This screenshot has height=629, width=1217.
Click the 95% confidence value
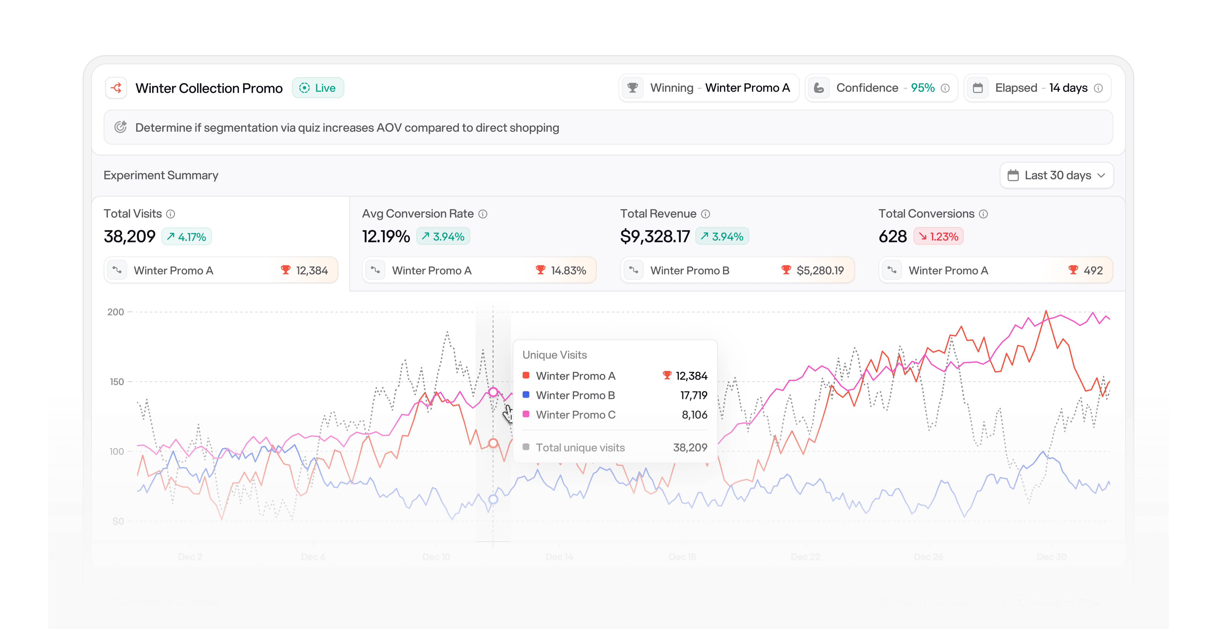[922, 88]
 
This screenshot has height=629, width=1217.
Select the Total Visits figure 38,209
[129, 236]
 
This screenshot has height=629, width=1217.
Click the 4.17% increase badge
[187, 236]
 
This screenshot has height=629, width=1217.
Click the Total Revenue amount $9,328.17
[655, 236]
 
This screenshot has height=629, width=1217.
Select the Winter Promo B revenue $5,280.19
[820, 271]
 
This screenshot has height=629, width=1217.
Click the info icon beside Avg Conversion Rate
[483, 214]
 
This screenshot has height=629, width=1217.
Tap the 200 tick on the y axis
[115, 312]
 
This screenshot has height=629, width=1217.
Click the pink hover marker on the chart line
[493, 392]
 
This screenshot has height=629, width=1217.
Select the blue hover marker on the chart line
[493, 499]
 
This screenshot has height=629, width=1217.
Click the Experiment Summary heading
[161, 175]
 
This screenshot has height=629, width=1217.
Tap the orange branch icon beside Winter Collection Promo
[116, 88]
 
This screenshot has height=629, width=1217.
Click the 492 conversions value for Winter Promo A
[1093, 271]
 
